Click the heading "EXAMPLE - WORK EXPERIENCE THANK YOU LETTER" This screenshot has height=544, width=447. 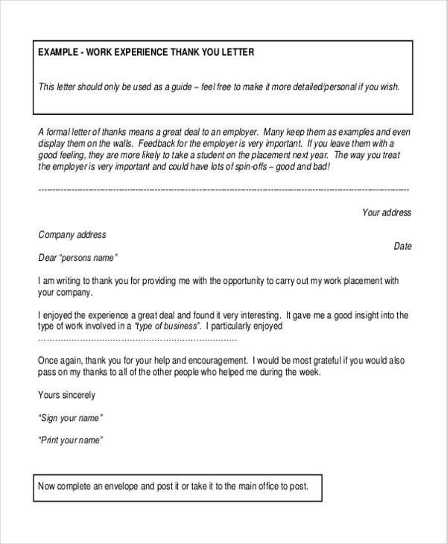[x=146, y=53]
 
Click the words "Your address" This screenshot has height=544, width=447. [x=386, y=212]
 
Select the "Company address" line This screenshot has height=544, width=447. [x=72, y=235]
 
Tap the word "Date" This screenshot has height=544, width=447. [x=402, y=246]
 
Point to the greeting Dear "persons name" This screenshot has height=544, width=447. [x=78, y=258]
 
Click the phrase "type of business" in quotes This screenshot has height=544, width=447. [x=168, y=326]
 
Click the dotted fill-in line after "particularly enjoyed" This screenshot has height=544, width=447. [x=137, y=339]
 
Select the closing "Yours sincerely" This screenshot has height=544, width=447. [x=66, y=395]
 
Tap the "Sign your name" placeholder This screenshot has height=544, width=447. [x=70, y=417]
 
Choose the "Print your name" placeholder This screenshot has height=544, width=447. [x=71, y=440]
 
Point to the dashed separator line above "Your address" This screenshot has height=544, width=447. [x=223, y=190]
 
